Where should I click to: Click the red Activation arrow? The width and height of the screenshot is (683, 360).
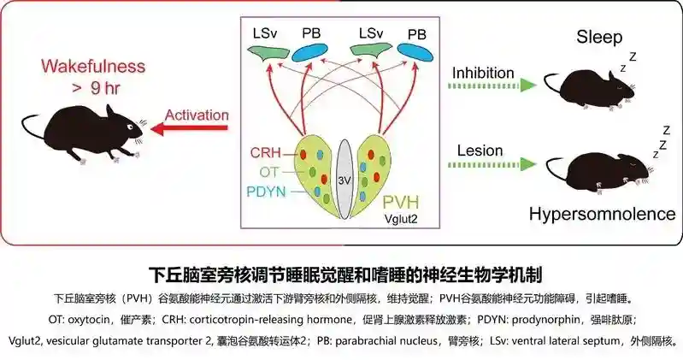[x=189, y=128]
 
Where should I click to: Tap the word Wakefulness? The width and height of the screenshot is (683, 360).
[x=93, y=66]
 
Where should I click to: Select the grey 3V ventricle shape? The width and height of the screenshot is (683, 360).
[x=344, y=179]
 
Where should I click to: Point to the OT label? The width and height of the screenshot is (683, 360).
[x=268, y=172]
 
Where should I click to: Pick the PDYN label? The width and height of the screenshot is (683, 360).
[x=266, y=192]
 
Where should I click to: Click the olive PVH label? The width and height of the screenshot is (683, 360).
[x=401, y=202]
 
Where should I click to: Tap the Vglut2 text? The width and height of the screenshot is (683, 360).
[x=401, y=218]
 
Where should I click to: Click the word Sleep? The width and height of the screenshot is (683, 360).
[x=599, y=37]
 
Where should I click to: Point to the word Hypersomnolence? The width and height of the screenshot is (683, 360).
[x=603, y=214]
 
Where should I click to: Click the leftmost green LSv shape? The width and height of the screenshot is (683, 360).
[x=268, y=53]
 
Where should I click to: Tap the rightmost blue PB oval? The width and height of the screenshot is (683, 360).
[x=415, y=53]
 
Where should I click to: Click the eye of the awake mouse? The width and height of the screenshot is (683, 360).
[x=129, y=127]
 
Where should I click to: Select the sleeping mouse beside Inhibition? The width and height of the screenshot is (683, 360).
[x=590, y=90]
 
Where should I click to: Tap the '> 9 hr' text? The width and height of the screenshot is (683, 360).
[x=97, y=88]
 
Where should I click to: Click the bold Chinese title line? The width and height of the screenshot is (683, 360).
[x=345, y=275]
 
